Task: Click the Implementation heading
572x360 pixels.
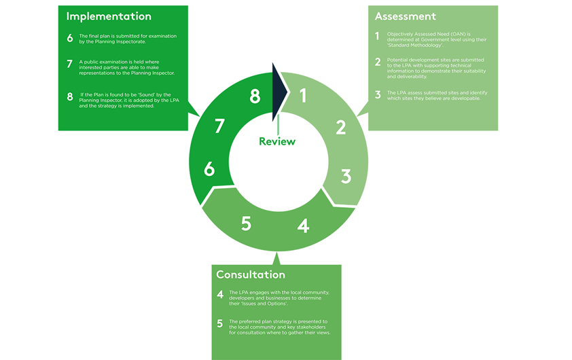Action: pyautogui.click(x=109, y=17)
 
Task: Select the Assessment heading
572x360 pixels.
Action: pyautogui.click(x=406, y=16)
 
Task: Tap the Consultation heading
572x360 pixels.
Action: pyautogui.click(x=251, y=274)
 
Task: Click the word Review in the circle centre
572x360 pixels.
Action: pyautogui.click(x=277, y=141)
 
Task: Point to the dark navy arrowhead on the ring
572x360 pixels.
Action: pyautogui.click(x=279, y=92)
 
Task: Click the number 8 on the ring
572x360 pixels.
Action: pyautogui.click(x=255, y=96)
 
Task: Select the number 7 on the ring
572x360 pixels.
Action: pyautogui.click(x=219, y=126)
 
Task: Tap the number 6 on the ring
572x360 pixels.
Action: pyautogui.click(x=209, y=169)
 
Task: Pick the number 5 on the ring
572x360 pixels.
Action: pyautogui.click(x=246, y=223)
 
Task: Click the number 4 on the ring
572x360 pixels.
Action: pyautogui.click(x=303, y=226)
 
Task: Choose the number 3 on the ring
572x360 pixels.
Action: pyautogui.click(x=346, y=176)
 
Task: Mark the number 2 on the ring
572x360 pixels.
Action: pyautogui.click(x=341, y=127)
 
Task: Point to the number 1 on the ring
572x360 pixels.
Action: pyautogui.click(x=303, y=96)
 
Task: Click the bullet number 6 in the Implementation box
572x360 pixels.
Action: pyautogui.click(x=70, y=38)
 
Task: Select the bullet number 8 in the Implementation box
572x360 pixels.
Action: pyautogui.click(x=70, y=96)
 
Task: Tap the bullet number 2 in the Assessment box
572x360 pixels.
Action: pyautogui.click(x=378, y=62)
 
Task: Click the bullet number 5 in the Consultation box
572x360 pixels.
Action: pyautogui.click(x=219, y=323)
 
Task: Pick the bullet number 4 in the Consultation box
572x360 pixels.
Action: pyautogui.click(x=220, y=294)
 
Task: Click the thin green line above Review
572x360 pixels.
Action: pyautogui.click(x=278, y=125)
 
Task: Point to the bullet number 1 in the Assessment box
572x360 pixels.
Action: pyautogui.click(x=377, y=36)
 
